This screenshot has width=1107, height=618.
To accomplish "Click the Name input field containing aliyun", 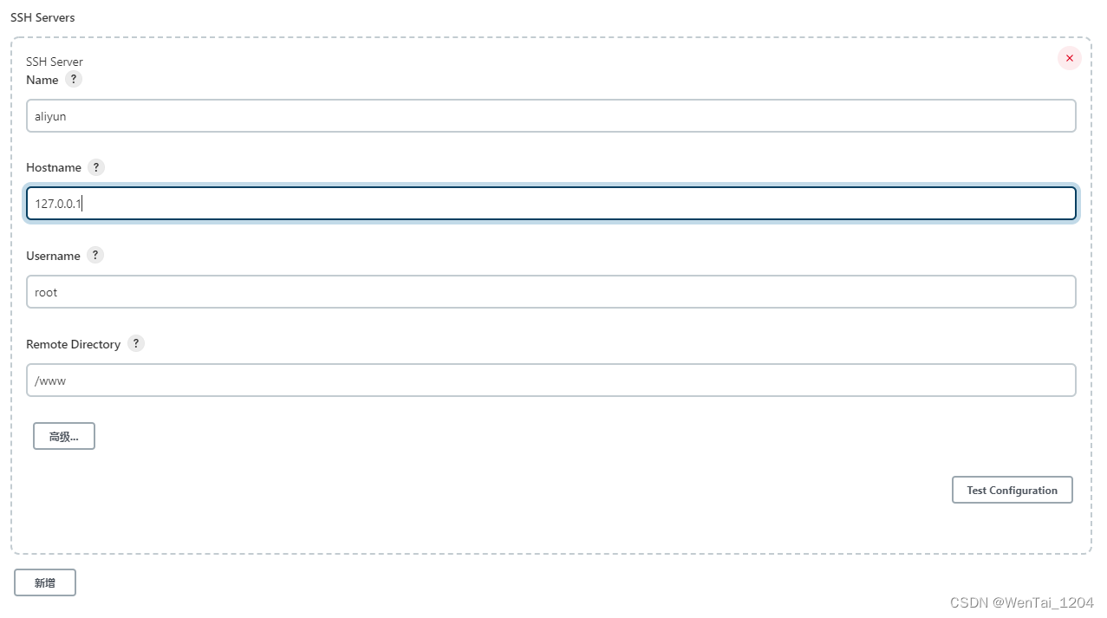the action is coord(550,116).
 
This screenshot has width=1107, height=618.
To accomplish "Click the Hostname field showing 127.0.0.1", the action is coord(550,204).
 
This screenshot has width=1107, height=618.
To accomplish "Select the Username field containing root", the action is coord(550,292).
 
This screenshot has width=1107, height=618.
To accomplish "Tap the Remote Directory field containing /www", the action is coord(550,381).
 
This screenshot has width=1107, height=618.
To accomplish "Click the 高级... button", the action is coord(64,437).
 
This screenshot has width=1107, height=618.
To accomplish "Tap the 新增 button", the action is coord(45,583).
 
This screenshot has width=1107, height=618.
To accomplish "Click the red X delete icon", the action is coord(1069,58).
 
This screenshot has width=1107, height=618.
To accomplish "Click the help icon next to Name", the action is coord(74,79).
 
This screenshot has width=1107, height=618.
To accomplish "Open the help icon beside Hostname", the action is coord(96,167).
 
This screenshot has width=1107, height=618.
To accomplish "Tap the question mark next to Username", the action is coord(95,255).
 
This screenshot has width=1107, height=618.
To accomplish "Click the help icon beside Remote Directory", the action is coord(135,343).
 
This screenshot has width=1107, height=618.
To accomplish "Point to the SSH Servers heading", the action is coord(42,17).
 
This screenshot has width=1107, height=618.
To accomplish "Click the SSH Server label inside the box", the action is coord(55,62).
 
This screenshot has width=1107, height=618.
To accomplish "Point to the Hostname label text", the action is coord(54,168).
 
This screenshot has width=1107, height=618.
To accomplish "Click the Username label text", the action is coord(53,256).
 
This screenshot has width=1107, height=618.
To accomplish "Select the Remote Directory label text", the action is coord(73,344).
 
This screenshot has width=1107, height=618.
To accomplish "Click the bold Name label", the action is coord(42,80).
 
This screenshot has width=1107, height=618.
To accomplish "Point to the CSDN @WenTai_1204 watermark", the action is coord(1021,602).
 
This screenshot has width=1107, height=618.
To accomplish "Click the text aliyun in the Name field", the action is coord(50,116).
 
